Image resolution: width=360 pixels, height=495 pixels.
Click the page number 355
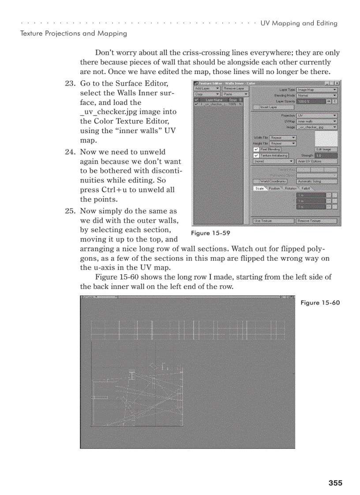(x=335, y=483)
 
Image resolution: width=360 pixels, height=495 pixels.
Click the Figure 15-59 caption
(x=210, y=233)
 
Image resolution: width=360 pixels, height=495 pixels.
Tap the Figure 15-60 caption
(x=320, y=302)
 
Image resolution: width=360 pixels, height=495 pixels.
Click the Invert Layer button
(x=269, y=107)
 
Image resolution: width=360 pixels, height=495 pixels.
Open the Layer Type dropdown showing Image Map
(x=317, y=89)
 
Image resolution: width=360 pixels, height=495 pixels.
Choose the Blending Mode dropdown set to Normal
(x=317, y=95)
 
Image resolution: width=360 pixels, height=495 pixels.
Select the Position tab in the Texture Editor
(x=274, y=188)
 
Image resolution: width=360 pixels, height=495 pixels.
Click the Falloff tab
(x=305, y=188)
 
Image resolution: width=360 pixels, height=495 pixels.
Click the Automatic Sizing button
(x=316, y=181)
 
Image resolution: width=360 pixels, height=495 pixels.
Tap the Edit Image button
(x=326, y=149)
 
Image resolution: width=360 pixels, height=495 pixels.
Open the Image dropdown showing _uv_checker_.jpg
(x=317, y=127)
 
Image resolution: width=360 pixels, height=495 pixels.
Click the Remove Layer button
(x=234, y=88)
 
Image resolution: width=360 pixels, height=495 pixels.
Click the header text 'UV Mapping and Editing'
(x=299, y=23)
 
